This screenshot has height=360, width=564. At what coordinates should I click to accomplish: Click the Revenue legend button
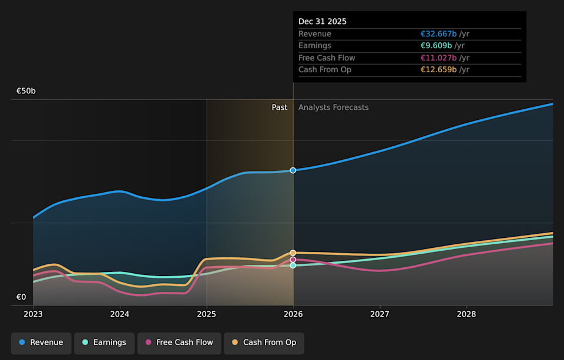click(41, 342)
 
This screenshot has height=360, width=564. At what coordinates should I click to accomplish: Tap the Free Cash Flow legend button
click(179, 342)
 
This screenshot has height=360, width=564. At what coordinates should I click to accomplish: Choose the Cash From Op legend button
click(264, 342)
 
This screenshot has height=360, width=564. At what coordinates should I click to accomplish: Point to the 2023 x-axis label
click(33, 314)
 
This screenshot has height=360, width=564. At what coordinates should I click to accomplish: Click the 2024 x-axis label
click(120, 314)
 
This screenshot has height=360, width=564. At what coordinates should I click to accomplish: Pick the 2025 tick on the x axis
click(206, 314)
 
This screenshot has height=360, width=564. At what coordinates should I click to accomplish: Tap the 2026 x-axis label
click(293, 314)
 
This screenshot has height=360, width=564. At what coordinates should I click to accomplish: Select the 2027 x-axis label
click(380, 314)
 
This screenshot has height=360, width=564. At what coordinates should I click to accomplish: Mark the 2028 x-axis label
click(466, 314)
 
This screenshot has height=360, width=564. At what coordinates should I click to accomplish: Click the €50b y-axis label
click(26, 91)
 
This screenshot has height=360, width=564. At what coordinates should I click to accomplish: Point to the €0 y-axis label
click(21, 297)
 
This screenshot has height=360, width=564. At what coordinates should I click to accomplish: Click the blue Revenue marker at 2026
click(293, 170)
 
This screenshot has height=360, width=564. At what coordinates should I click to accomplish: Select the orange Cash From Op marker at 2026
click(293, 253)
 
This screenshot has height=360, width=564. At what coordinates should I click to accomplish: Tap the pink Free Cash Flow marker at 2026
click(293, 260)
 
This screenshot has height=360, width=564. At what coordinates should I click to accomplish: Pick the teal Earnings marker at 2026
click(293, 265)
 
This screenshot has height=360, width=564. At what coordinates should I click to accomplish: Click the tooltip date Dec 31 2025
click(323, 22)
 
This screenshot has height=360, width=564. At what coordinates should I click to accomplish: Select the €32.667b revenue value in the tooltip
click(438, 34)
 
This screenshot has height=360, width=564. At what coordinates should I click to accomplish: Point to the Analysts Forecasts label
click(334, 107)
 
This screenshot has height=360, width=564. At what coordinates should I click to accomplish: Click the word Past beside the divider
click(280, 107)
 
